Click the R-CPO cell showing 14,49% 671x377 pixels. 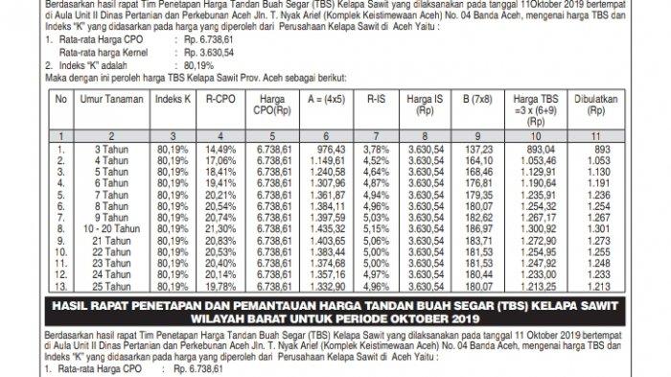[x=220, y=150]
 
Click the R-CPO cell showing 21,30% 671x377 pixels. [x=220, y=229]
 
